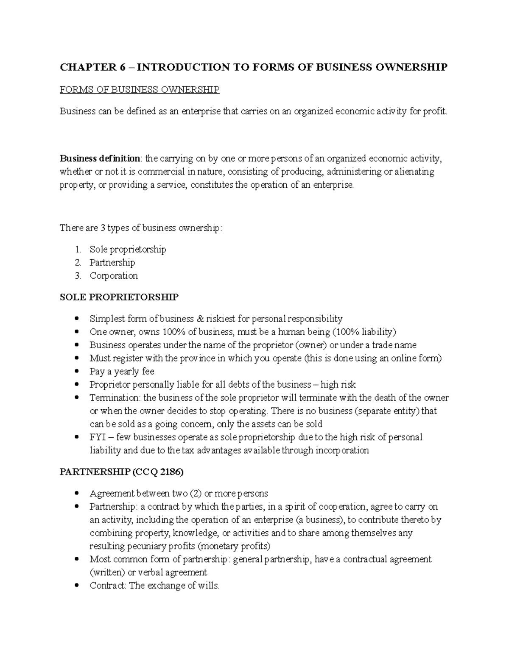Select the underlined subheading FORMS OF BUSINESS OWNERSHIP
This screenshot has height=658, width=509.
coord(140,89)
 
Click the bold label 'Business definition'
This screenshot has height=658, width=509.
coord(100,158)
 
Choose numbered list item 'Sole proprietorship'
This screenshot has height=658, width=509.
coord(128,249)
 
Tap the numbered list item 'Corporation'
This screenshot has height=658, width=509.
coord(114,275)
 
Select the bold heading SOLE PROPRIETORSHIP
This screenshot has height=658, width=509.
coord(119,297)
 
